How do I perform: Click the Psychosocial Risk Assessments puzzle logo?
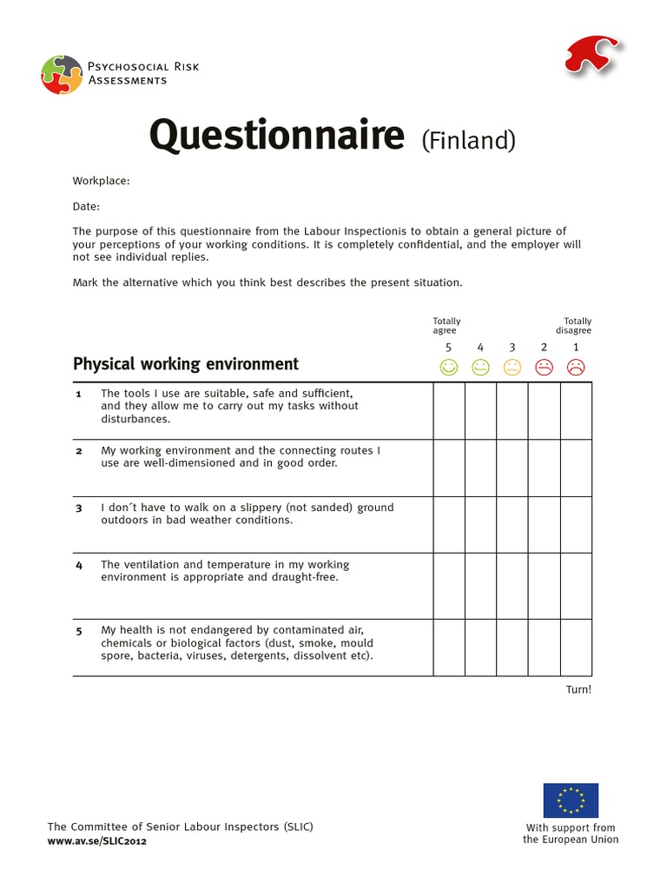62,74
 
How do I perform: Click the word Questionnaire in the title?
277,136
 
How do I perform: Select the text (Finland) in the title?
468,140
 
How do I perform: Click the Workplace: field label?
101,181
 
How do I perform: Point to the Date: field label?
86,207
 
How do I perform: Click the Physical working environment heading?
185,364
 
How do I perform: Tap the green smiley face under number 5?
448,368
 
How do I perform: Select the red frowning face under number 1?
575,368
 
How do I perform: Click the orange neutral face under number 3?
512,368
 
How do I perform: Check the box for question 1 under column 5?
449,411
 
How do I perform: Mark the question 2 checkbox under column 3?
512,468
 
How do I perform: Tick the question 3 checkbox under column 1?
576,525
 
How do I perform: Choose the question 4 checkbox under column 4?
480,586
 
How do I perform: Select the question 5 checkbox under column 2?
544,648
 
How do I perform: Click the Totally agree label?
446,326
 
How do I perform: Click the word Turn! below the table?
578,689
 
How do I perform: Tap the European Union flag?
571,800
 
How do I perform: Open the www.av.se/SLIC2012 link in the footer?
96,842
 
